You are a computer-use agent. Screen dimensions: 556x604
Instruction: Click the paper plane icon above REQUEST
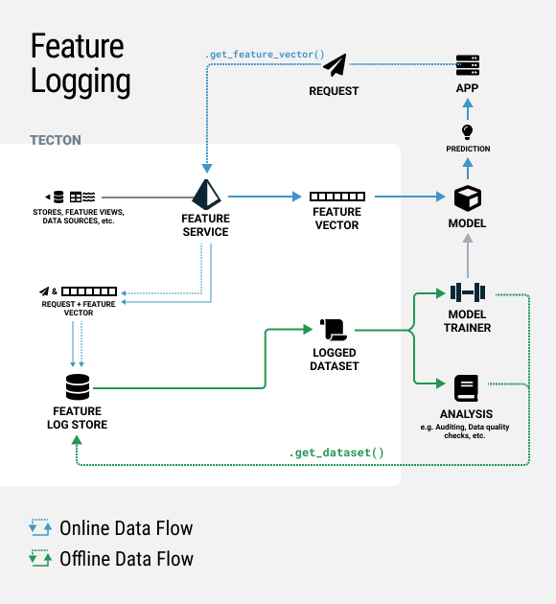click(x=335, y=65)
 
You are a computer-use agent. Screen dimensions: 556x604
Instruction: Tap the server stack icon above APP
click(x=468, y=65)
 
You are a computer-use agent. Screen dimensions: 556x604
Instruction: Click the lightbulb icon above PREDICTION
click(x=467, y=131)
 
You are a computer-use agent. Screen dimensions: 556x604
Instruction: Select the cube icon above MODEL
click(x=468, y=198)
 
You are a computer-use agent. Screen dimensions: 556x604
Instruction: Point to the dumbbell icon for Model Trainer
click(x=468, y=292)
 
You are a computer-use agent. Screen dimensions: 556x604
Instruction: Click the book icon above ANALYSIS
click(x=466, y=388)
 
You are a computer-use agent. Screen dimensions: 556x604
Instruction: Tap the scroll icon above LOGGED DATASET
click(x=334, y=330)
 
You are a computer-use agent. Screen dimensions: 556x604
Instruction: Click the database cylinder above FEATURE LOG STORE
click(x=78, y=386)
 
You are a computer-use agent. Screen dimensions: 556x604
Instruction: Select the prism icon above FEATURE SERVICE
click(x=206, y=195)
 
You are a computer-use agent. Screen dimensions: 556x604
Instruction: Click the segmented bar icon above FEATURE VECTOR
click(x=337, y=197)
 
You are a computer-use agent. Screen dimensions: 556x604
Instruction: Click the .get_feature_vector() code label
click(x=265, y=55)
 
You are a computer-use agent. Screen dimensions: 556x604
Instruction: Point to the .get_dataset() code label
click(x=336, y=453)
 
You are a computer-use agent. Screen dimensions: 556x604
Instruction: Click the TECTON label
click(x=56, y=140)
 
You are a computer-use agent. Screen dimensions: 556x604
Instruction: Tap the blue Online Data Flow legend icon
click(x=40, y=527)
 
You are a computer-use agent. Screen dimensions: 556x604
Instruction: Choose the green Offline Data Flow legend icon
click(x=40, y=558)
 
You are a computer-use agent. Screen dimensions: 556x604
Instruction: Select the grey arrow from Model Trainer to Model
click(x=468, y=256)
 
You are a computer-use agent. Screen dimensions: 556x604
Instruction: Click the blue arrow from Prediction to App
click(x=468, y=109)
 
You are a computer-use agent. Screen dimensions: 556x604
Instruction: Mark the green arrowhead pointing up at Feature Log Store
click(x=77, y=440)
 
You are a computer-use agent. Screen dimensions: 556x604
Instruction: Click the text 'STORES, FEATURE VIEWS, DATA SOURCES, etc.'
click(x=79, y=217)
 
